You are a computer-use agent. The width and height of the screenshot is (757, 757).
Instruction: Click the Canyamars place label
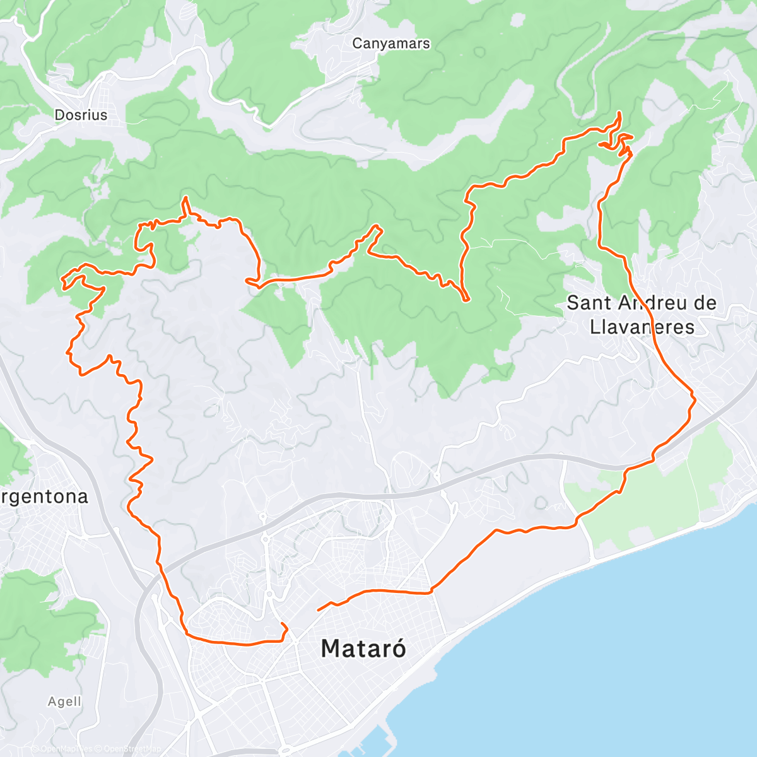pos(391,44)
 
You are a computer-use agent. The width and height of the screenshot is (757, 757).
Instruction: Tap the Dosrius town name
pos(81,115)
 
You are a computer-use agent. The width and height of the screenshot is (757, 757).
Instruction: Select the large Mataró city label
pos(363,648)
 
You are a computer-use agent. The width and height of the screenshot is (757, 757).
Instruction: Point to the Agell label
pos(64,701)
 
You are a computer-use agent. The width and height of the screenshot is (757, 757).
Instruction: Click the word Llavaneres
pos(642,327)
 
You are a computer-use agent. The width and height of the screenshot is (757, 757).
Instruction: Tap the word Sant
pos(589,303)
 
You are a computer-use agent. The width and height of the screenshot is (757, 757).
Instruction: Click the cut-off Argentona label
pos(44,496)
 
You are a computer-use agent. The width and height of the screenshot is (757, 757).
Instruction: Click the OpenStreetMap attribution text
pos(132,749)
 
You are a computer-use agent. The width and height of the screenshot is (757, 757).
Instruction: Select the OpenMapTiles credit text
pos(66,749)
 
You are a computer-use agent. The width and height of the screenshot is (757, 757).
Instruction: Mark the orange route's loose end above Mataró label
pos(318,609)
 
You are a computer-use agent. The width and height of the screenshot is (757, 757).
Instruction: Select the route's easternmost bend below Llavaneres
pos(694,399)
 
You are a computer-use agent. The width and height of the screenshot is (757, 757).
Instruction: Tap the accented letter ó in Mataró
pos(396,648)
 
